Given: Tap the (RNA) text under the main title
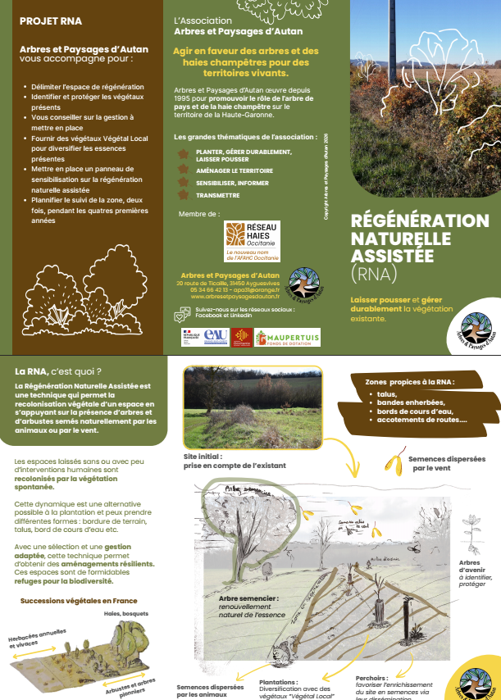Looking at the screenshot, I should point(373,272).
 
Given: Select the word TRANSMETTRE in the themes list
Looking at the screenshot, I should point(218,196).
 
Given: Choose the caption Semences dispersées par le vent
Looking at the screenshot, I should point(446,464).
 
